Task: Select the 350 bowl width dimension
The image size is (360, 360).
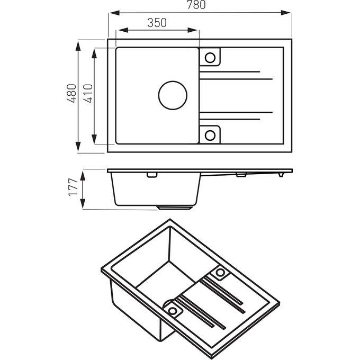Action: pyautogui.click(x=157, y=22)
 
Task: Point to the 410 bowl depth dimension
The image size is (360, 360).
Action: pyautogui.click(x=88, y=94)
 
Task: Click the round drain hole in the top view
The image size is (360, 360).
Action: pyautogui.click(x=173, y=95)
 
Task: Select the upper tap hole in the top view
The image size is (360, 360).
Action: pyautogui.click(x=210, y=58)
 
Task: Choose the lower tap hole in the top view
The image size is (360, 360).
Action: pyautogui.click(x=210, y=134)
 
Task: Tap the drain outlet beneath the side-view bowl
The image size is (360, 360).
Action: pyautogui.click(x=175, y=207)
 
